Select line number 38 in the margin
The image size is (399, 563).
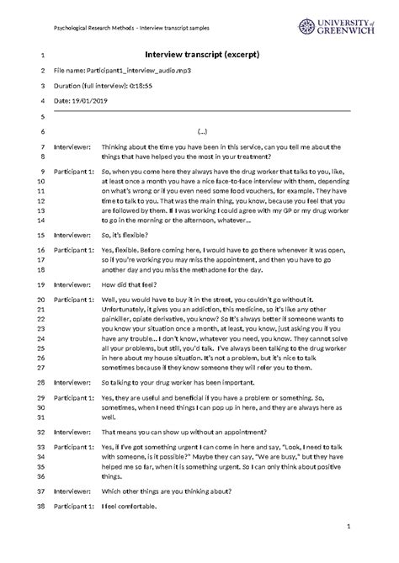[40, 507]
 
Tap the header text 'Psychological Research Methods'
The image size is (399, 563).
[95, 18]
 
